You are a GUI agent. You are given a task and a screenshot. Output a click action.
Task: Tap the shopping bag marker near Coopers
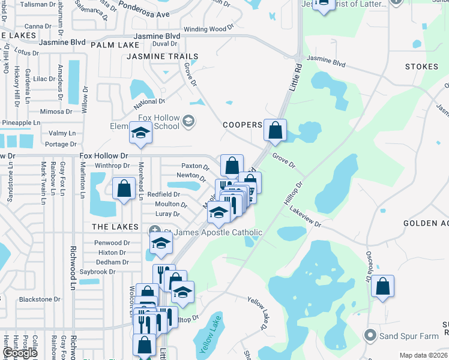pos(275,130)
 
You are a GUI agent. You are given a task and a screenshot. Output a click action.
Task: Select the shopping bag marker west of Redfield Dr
pos(124,188)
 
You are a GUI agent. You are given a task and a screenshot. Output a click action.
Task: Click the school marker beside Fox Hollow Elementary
pos(141,133)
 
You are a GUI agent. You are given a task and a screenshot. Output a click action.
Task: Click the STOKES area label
pos(421,67)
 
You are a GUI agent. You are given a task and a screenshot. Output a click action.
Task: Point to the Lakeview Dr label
pos(306,217)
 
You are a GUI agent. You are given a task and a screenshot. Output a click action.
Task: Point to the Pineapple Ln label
pos(20,122)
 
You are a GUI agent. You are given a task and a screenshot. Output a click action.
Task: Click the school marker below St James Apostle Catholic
pos(161,243)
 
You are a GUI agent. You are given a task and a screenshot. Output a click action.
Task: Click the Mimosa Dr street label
pos(56,112)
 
